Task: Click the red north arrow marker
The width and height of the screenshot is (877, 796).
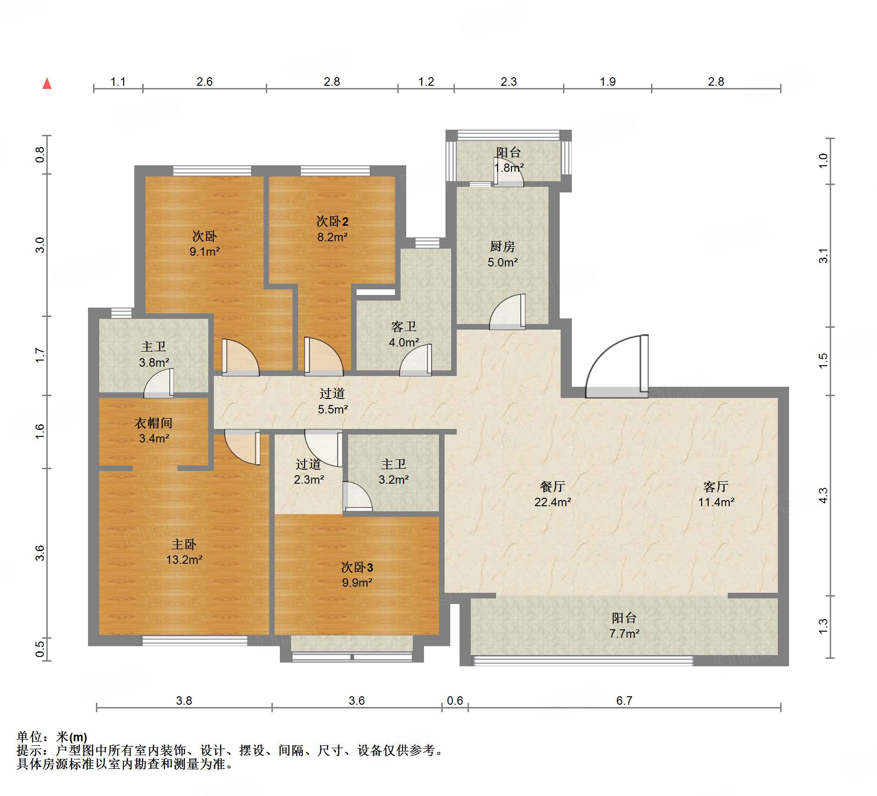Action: tap(47, 83)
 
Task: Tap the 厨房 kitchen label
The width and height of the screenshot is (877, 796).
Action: tap(503, 246)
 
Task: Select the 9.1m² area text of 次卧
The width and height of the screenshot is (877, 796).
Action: tap(205, 252)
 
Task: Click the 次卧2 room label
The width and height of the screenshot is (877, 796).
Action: tap(332, 221)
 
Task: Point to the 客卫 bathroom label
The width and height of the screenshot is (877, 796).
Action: tap(404, 327)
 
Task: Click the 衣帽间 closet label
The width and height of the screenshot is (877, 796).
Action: tap(153, 423)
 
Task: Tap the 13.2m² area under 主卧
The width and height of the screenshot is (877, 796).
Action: tap(184, 560)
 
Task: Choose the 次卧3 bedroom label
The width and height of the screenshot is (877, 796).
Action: tap(357, 568)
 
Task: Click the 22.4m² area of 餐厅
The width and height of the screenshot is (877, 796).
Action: tap(553, 502)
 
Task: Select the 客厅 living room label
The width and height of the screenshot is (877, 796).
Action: tap(716, 487)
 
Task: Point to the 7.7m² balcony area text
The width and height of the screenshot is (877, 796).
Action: tap(624, 634)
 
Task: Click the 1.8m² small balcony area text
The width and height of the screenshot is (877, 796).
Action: tap(509, 168)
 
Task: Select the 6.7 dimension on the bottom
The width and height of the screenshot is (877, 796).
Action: tap(624, 700)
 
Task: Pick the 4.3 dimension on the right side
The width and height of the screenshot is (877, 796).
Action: tap(823, 495)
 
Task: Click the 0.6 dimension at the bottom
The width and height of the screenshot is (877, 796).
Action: tap(455, 700)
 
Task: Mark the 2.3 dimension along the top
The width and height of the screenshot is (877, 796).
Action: tap(509, 82)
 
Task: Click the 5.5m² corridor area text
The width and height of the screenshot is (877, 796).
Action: tap(333, 410)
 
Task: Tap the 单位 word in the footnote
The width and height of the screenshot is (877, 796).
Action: tap(29, 737)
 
